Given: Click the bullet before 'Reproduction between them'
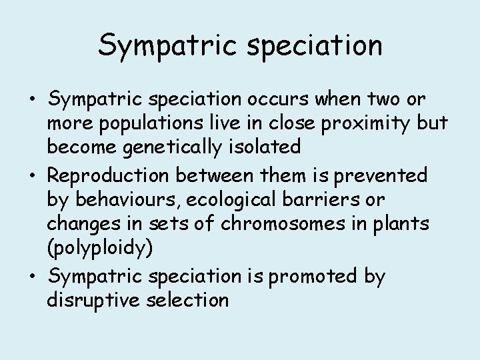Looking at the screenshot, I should (x=33, y=176).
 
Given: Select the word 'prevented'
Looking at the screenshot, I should (x=381, y=175).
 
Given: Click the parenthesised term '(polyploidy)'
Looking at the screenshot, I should (x=100, y=249).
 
